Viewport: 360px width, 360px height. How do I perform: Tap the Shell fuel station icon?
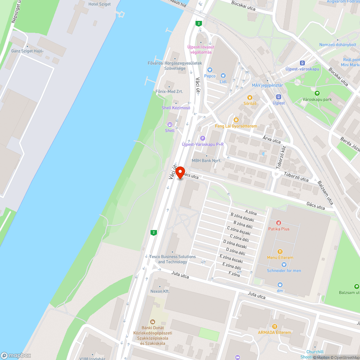170,125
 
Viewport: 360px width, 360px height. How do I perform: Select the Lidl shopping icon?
223,76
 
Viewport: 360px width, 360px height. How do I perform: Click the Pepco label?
210,76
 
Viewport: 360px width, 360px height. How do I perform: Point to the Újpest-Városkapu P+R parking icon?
202,138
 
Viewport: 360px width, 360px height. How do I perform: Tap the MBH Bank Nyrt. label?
206,161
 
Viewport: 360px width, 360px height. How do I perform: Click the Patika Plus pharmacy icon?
279,223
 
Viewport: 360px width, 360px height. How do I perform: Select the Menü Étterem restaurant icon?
280,252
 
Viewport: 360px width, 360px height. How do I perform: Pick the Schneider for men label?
284,270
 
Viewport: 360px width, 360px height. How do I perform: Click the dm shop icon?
280,285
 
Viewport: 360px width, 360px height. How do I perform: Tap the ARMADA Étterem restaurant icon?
274,327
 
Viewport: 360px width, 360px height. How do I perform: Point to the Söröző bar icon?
250,98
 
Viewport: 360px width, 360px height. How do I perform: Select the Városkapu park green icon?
317,93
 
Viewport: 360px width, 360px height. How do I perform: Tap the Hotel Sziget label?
99,4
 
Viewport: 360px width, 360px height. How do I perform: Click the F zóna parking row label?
234,275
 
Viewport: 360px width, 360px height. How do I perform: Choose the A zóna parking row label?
251,212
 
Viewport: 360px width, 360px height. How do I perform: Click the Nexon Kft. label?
160,291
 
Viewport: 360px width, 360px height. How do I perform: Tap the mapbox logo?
16,355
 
